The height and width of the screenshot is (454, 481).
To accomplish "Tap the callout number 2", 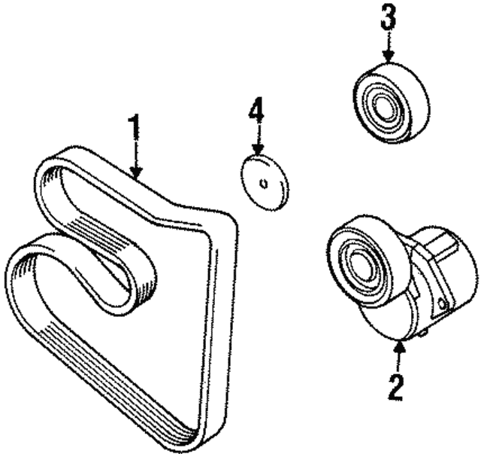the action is coord(395,387).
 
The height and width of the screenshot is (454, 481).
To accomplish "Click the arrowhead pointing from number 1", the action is coord(136,173).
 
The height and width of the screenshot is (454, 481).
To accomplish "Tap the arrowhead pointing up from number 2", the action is coord(399,347).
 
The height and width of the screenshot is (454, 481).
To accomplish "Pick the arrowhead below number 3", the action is coord(389,56).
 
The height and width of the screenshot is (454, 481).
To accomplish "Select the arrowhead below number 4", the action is coord(258,150).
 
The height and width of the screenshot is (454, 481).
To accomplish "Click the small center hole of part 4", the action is coord(264,184).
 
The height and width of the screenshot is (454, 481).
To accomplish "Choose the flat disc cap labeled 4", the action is coord(265,183).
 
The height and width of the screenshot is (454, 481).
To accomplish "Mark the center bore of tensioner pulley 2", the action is coord(360,264).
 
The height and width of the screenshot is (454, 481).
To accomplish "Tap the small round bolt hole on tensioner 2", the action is coord(443,303).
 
